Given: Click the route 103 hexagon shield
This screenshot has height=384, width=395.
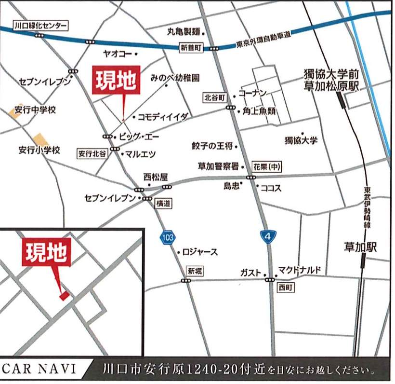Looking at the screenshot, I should pyautogui.click(x=167, y=237).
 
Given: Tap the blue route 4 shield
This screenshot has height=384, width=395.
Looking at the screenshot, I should pyautogui.click(x=268, y=236).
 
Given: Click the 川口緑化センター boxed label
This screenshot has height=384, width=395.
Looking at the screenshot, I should pyautogui.click(x=40, y=26).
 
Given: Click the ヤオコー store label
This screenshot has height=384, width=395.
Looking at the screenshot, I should pyautogui.click(x=118, y=54).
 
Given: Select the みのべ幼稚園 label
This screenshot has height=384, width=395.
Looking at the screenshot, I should pyautogui.click(x=175, y=77).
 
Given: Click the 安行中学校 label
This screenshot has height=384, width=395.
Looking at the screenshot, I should pyautogui.click(x=38, y=110).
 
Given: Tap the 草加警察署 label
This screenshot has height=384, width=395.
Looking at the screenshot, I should pyautogui.click(x=218, y=166).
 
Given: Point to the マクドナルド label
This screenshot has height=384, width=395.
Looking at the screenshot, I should pyautogui.click(x=299, y=270).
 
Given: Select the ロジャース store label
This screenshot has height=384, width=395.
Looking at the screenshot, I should pyautogui.click(x=200, y=252).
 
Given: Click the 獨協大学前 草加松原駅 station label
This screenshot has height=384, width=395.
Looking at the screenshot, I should pyautogui.click(x=331, y=80).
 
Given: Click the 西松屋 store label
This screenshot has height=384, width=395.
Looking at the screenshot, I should pyautogui.click(x=155, y=177).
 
